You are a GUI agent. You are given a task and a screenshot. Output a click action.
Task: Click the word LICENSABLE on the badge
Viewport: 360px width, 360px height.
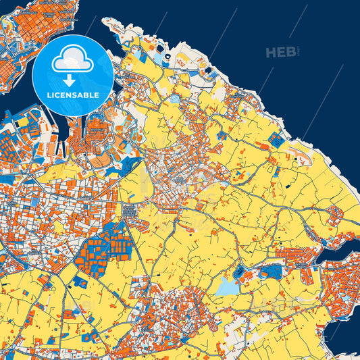click(72, 95)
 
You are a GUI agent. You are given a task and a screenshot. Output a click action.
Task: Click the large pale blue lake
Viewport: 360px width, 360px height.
click(227, 288)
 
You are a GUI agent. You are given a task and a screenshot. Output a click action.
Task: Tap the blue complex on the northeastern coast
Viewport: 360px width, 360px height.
click(276, 140)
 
